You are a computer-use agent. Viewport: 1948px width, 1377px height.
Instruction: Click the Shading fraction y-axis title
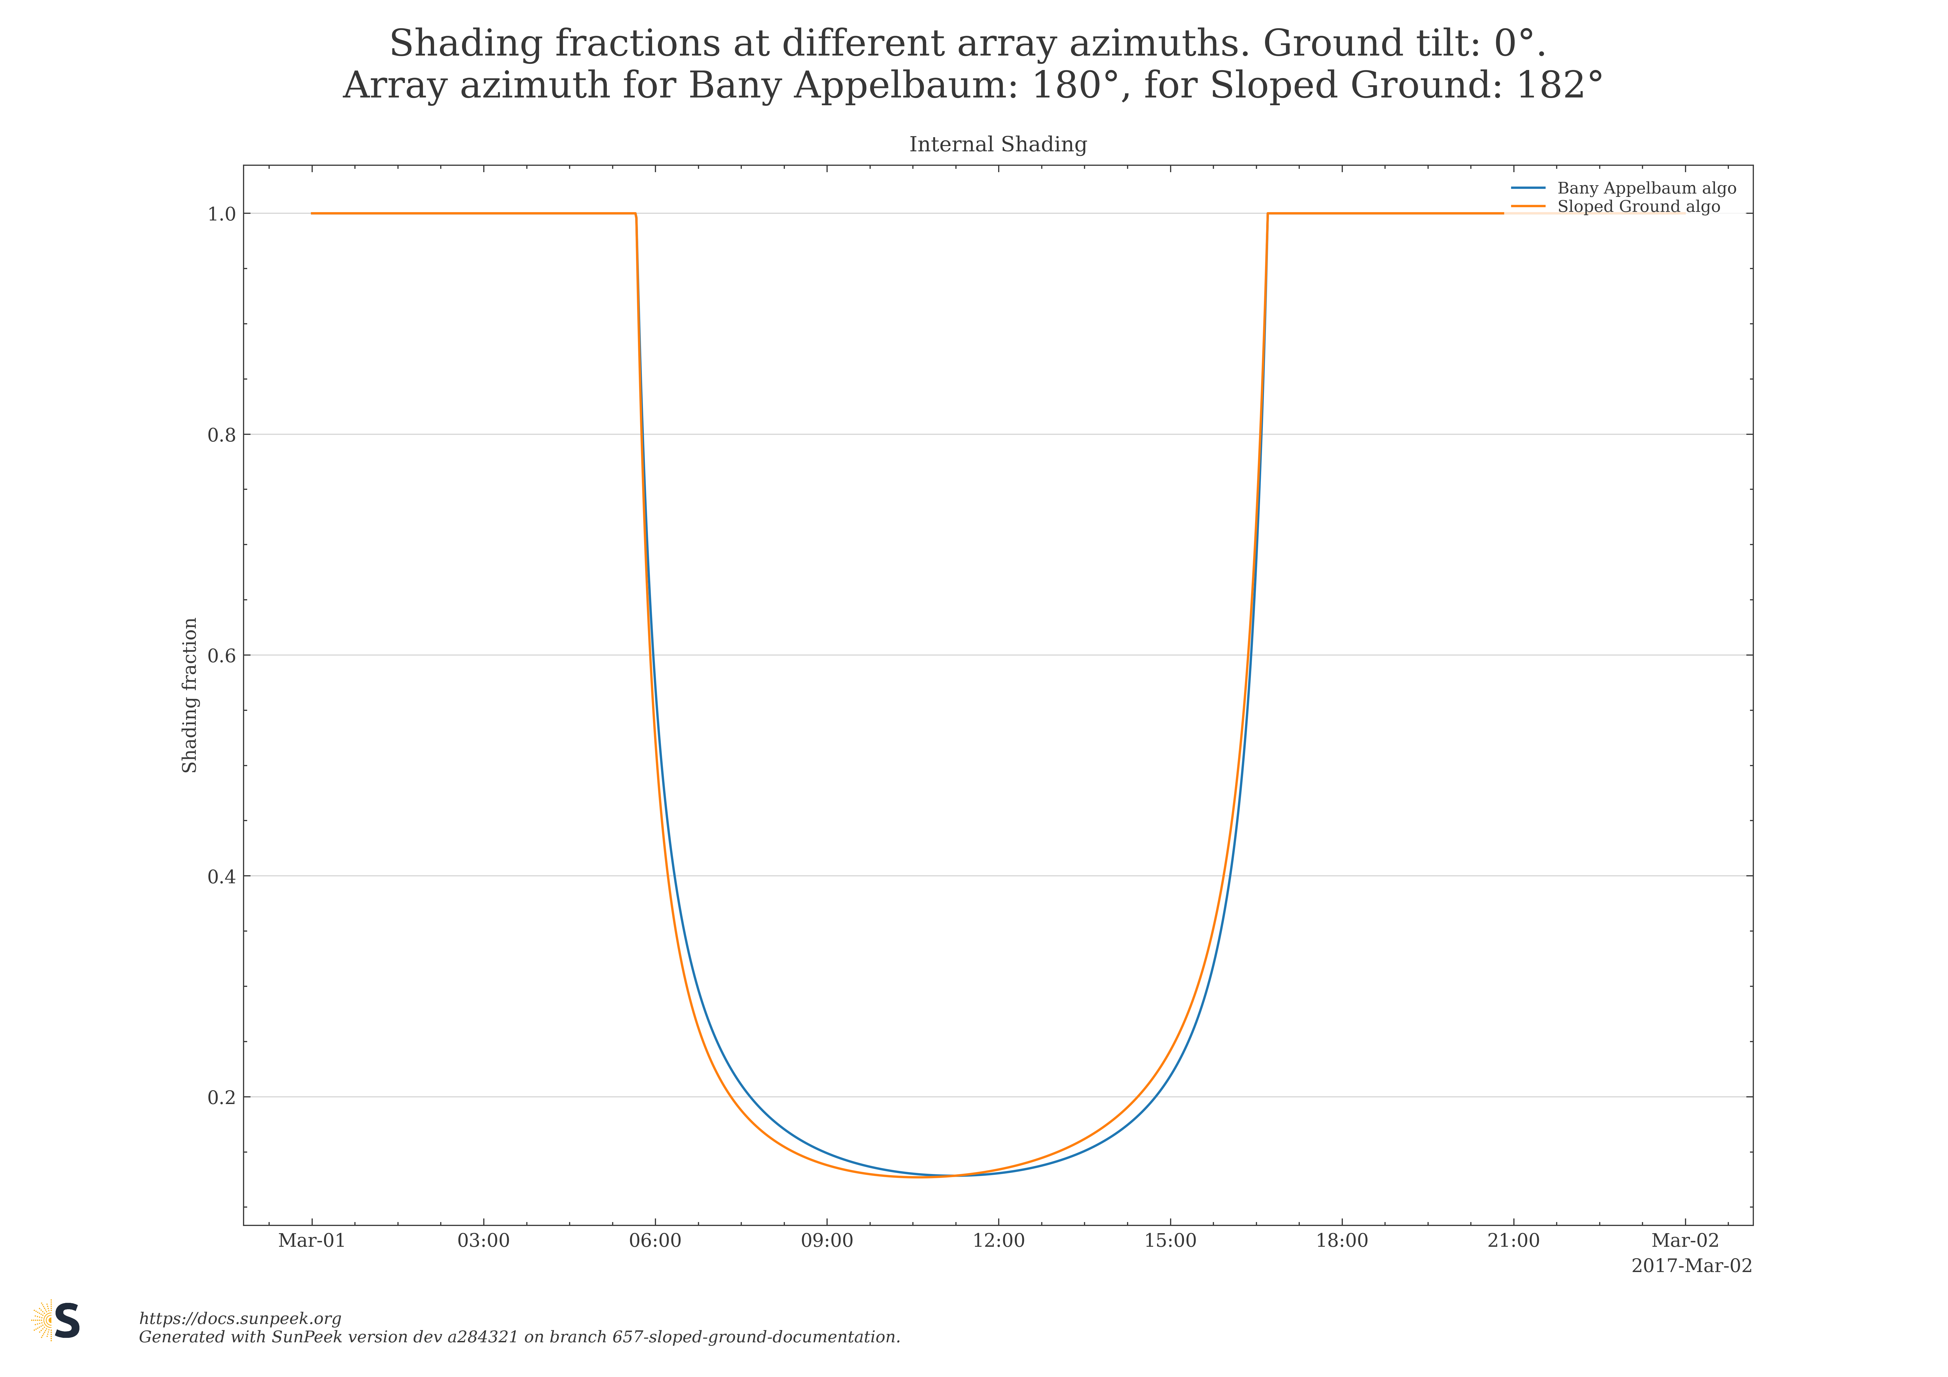point(190,695)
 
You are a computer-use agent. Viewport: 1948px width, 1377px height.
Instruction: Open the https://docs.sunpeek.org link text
point(240,1318)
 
